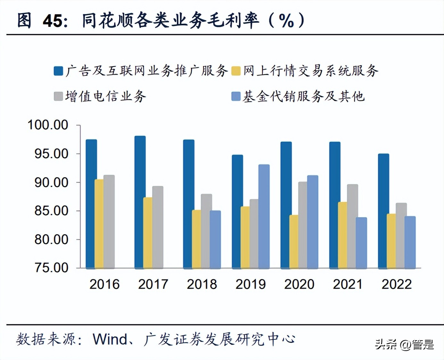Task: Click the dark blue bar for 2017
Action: coord(140,202)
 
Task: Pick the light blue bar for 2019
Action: coord(264,216)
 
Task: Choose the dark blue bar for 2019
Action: coord(237,211)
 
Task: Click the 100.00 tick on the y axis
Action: coord(48,125)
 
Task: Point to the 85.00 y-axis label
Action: coord(51,211)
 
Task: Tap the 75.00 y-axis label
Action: coord(51,268)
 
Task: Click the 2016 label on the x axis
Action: coord(104,284)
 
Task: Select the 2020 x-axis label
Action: coord(299,284)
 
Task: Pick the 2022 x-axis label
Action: coord(397,284)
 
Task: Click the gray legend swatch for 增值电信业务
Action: coord(58,96)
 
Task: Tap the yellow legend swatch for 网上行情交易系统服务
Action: coord(236,71)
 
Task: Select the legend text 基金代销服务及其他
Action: coord(304,96)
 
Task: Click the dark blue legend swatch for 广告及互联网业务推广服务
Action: coord(58,71)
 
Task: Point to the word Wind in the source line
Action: coord(110,339)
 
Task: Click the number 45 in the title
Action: coord(53,21)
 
